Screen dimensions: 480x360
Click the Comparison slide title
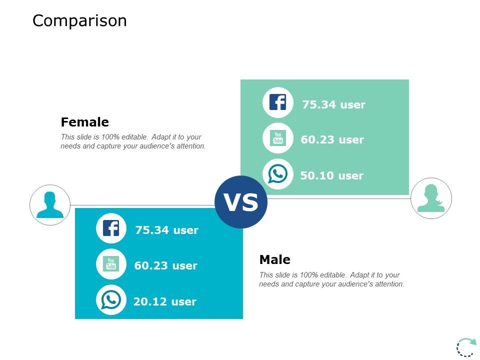click(79, 21)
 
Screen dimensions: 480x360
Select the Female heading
click(85, 122)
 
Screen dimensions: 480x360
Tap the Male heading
click(275, 259)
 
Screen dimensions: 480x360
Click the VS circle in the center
click(241, 202)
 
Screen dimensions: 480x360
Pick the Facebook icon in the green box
click(277, 102)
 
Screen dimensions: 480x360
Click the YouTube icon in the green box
click(277, 138)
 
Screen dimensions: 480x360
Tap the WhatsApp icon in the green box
click(277, 174)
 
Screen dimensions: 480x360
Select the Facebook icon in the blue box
click(111, 228)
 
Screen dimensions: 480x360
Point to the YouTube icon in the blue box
click(111, 264)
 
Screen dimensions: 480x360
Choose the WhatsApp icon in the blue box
click(111, 299)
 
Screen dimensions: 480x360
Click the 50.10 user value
click(332, 175)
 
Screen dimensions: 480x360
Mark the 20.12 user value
click(165, 302)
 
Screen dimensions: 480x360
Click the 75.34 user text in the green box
click(333, 104)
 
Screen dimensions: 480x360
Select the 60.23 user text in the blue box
click(165, 265)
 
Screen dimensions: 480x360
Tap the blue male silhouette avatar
click(50, 205)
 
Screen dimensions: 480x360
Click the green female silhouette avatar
click(431, 198)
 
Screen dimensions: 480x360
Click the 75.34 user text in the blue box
click(167, 230)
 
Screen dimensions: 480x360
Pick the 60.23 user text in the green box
click(332, 140)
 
